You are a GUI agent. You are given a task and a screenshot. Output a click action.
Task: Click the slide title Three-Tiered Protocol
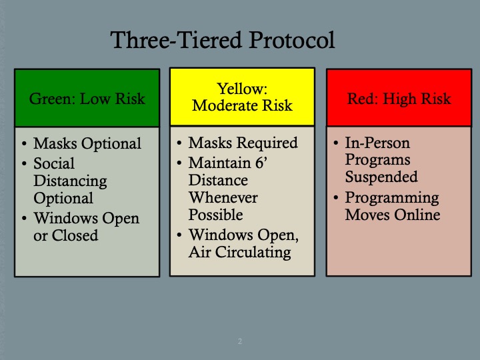tap(223, 41)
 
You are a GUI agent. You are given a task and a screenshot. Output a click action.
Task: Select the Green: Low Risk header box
tap(87, 99)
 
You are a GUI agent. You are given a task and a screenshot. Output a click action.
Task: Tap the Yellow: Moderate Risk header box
tap(242, 97)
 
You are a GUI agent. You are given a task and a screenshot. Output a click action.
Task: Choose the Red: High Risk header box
tap(399, 99)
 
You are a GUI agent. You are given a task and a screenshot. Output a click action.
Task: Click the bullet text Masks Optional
tap(87, 144)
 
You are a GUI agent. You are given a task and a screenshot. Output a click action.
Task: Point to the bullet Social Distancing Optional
tap(70, 181)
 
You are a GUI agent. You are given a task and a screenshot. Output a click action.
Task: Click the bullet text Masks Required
tap(243, 143)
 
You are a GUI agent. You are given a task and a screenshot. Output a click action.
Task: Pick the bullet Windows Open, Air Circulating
tap(241, 243)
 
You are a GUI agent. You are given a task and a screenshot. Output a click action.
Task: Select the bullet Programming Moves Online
tap(392, 206)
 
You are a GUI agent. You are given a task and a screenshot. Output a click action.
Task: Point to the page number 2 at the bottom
tap(240, 341)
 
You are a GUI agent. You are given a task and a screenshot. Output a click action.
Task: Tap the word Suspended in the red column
tap(381, 177)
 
